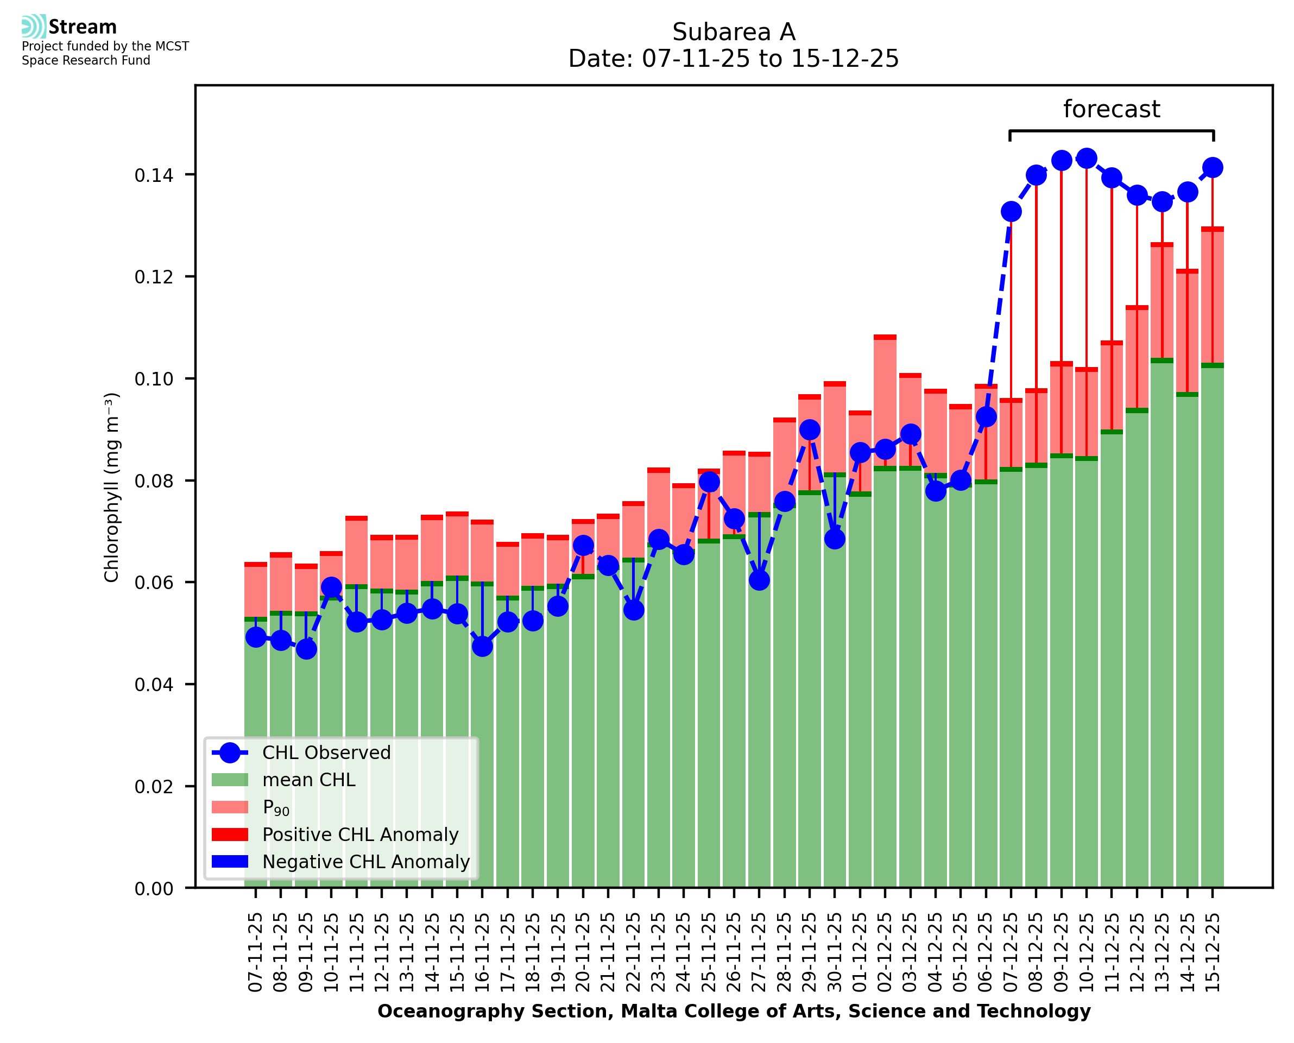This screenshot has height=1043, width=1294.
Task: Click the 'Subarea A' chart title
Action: click(x=734, y=32)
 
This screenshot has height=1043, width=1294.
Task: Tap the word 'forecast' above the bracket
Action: click(x=1112, y=109)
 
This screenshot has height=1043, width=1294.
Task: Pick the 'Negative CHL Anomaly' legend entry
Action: click(x=365, y=862)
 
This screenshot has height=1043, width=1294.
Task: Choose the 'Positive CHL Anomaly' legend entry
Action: click(x=360, y=835)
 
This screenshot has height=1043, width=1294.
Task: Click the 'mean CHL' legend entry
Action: click(x=309, y=780)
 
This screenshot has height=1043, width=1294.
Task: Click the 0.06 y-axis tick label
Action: click(x=154, y=583)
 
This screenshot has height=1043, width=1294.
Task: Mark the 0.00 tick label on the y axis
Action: click(x=154, y=889)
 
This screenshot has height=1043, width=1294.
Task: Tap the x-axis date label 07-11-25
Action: click(x=256, y=952)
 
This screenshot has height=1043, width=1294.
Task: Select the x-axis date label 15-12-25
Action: click(x=1213, y=952)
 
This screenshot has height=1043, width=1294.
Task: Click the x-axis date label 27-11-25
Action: click(x=759, y=952)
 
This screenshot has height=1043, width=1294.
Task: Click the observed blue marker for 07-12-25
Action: click(x=1011, y=212)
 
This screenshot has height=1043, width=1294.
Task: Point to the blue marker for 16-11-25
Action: click(x=482, y=647)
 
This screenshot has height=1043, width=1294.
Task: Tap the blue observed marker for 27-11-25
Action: click(x=759, y=580)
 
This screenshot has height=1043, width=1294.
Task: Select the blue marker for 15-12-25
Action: click(x=1213, y=168)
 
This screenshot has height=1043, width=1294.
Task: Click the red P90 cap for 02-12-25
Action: click(x=885, y=338)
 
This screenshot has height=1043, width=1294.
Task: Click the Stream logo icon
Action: click(x=34, y=27)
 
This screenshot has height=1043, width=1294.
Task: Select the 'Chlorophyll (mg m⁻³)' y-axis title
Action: click(x=112, y=487)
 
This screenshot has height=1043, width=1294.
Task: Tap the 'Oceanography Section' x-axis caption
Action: click(x=734, y=1011)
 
